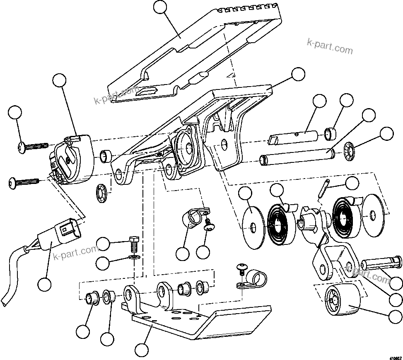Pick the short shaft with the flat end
(x=294, y=136)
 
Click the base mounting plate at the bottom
(x=199, y=319)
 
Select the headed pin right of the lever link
(x=381, y=263)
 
